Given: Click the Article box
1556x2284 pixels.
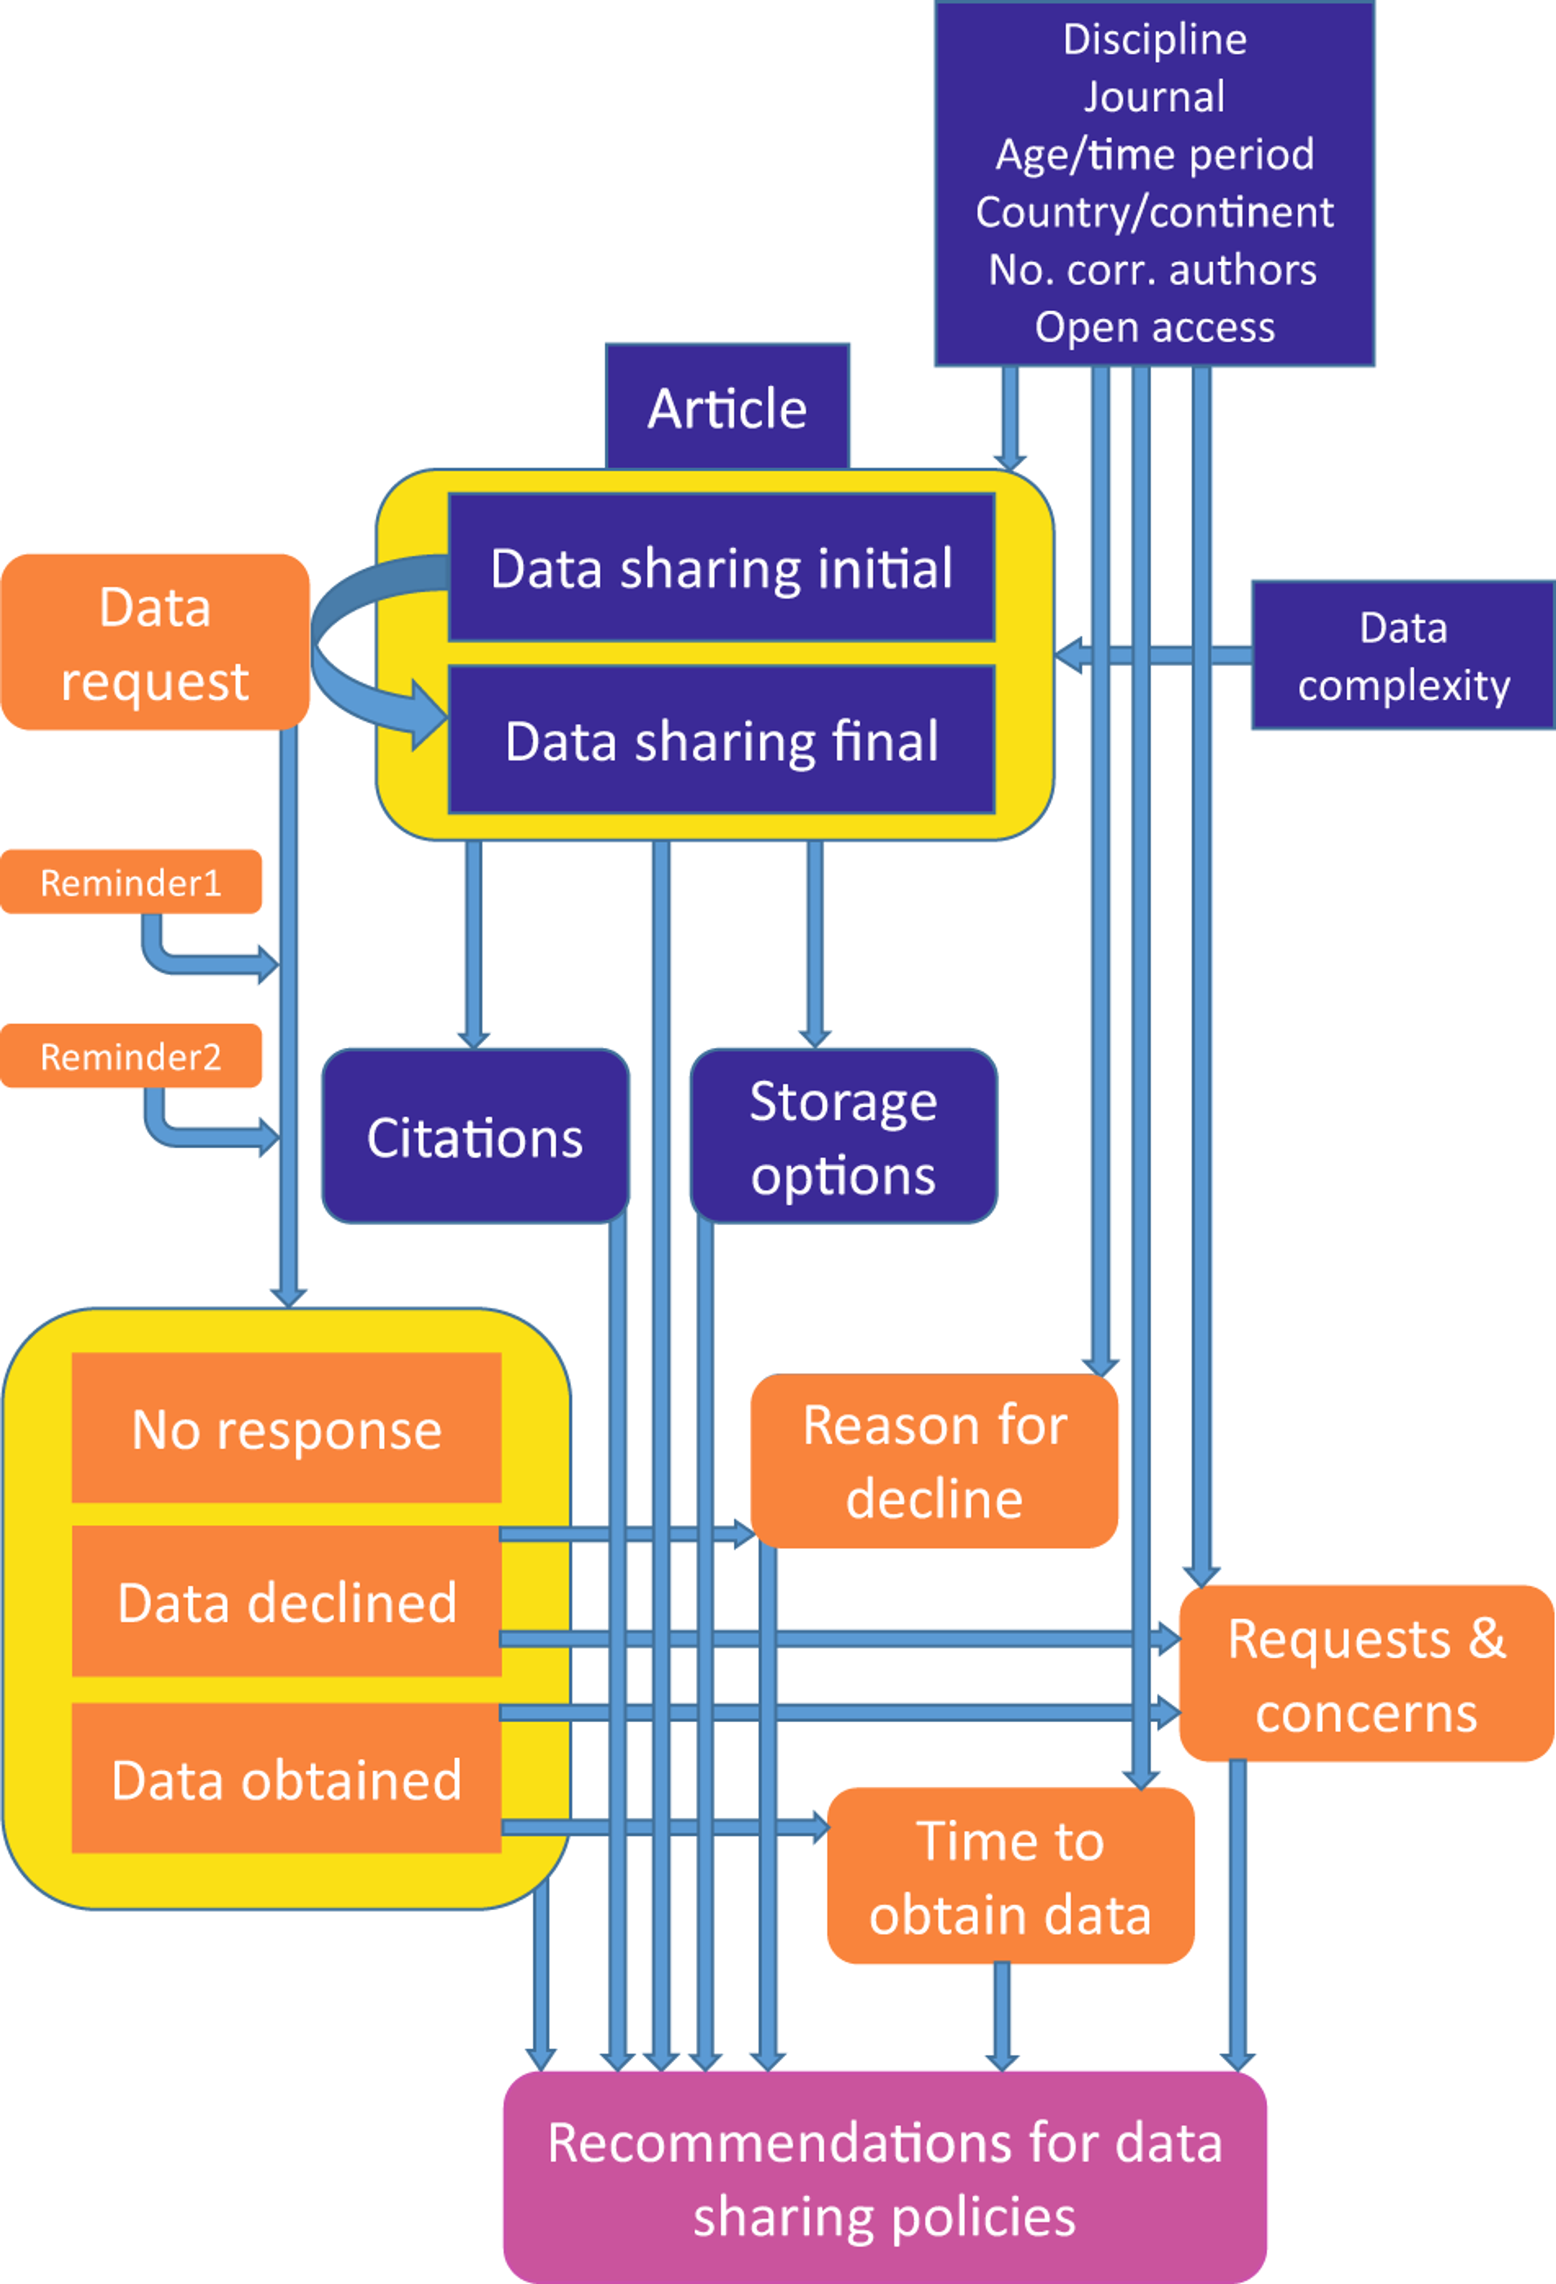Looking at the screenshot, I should (727, 408).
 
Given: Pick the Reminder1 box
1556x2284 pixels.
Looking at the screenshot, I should (130, 882).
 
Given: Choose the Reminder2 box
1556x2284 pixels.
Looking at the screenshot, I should (130, 1057).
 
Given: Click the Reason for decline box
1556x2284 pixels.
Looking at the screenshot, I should (934, 1462).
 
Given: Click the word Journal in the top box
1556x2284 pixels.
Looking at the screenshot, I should (1154, 96).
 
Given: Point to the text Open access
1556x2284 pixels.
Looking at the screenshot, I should (1154, 327).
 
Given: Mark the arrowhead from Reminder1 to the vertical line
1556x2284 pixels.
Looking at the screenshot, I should (268, 964).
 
